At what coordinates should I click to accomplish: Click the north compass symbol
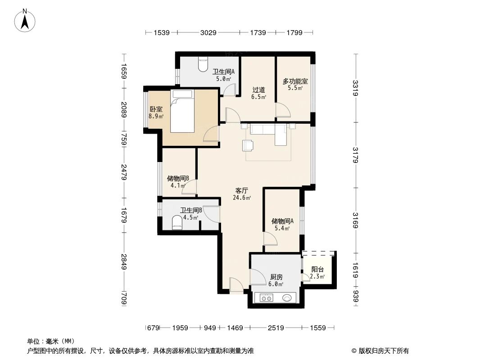point(26,21)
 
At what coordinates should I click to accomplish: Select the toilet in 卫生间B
point(178,222)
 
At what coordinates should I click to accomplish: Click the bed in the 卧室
point(183,111)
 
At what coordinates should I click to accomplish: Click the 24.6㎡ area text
point(242,197)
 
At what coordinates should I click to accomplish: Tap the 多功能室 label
point(295,81)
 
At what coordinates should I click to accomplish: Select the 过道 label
point(258,90)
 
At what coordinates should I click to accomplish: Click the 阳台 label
point(317,270)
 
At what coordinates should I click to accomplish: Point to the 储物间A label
point(282,221)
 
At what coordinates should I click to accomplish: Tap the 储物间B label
point(177,178)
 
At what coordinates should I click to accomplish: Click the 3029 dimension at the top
point(208,32)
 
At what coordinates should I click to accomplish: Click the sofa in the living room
point(268,131)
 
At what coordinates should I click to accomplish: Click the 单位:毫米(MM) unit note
point(51,341)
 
